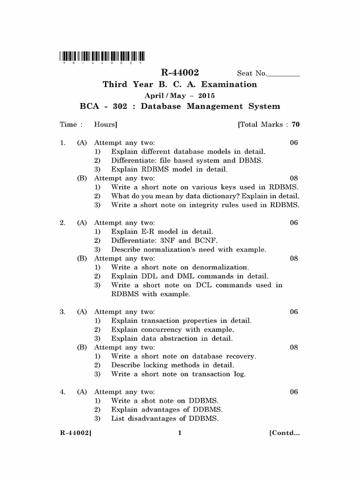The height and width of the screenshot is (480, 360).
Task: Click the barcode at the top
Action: [x=102, y=57]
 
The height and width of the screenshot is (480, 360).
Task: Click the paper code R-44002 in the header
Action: [x=180, y=73]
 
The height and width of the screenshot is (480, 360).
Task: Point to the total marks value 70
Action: [x=295, y=125]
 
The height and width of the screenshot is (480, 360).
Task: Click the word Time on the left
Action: [x=68, y=125]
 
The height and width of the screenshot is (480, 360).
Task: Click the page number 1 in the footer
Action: [x=180, y=433]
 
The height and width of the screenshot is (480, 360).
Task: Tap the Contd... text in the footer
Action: [x=284, y=433]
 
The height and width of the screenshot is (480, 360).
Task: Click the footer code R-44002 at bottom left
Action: [x=75, y=433]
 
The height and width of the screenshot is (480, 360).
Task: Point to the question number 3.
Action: [x=62, y=312]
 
